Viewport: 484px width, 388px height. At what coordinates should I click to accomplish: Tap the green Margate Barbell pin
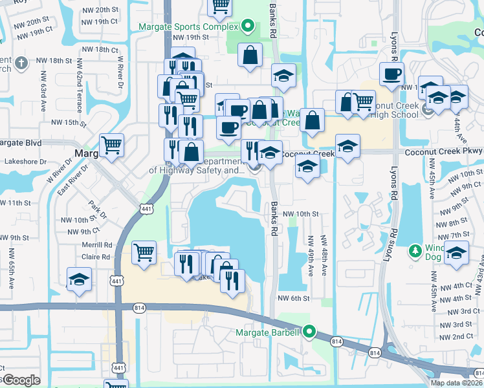[309, 332]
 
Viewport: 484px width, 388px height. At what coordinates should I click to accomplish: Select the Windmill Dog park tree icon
[414, 250]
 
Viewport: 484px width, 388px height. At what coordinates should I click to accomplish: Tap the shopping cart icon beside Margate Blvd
[112, 145]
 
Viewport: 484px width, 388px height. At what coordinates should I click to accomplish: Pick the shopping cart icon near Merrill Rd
[144, 252]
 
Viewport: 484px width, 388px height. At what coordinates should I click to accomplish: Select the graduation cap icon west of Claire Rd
[79, 279]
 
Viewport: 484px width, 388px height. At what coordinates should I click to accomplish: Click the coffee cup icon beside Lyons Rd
[391, 74]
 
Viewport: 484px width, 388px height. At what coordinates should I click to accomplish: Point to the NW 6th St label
[294, 298]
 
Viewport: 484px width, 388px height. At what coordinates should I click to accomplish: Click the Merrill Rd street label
[97, 245]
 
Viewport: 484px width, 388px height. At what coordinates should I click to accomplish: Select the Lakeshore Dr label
[25, 161]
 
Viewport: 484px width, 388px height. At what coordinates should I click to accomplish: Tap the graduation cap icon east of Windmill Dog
[456, 252]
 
